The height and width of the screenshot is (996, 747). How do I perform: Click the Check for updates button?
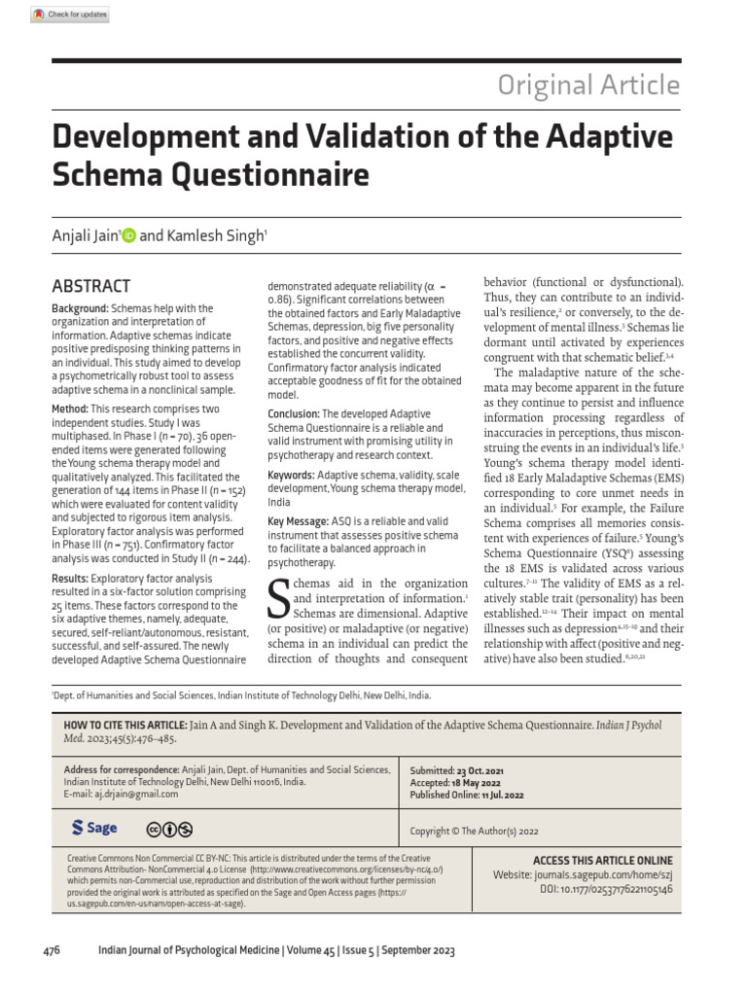69,15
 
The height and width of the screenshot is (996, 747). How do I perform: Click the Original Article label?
588,86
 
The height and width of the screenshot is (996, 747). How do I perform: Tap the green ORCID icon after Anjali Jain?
129,236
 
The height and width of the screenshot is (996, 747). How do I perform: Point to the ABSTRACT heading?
90,286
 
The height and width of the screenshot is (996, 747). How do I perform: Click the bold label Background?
80,308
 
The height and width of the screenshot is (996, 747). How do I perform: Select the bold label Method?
69,409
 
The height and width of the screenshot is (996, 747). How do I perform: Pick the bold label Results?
71,578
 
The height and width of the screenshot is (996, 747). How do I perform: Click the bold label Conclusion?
293,414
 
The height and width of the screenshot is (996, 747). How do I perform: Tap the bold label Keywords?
291,476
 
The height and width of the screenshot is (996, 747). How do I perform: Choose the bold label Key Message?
298,522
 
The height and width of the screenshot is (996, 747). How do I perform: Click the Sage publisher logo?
94,828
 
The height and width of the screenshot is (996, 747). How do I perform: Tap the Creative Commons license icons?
169,829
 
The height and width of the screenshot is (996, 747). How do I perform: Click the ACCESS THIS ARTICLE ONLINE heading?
602,861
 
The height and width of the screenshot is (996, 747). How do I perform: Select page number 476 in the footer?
52,950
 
